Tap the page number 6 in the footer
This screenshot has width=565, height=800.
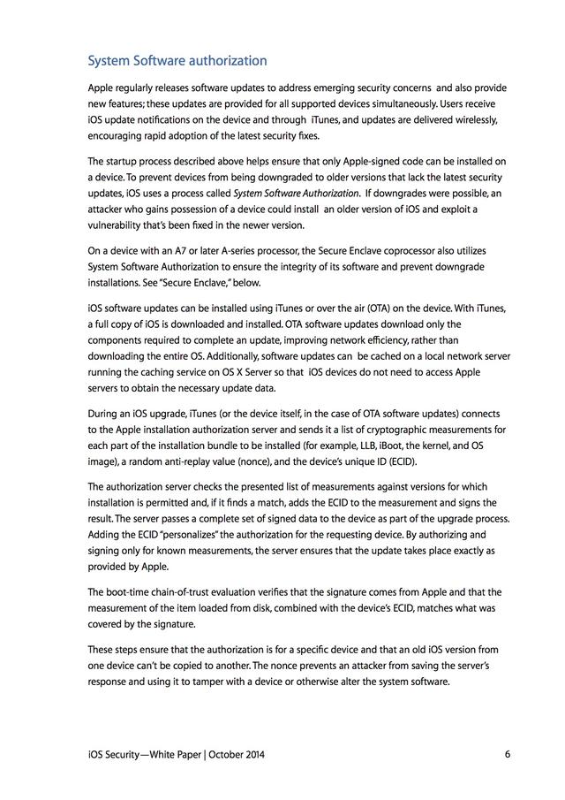[508, 754]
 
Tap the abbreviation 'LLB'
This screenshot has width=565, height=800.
[339, 446]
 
